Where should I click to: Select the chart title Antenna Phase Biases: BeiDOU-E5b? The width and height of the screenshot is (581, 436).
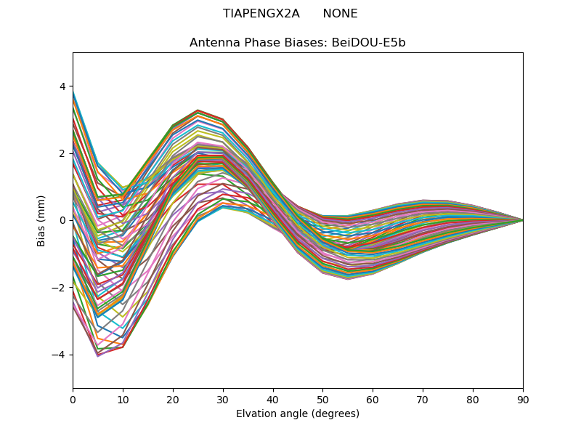[x=298, y=43]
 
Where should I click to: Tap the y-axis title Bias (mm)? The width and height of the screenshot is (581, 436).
[x=42, y=220]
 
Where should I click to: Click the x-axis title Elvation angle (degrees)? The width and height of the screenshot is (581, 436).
[x=298, y=414]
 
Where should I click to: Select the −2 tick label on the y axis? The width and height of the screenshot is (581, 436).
[x=59, y=288]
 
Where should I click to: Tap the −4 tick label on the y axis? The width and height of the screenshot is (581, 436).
[x=59, y=355]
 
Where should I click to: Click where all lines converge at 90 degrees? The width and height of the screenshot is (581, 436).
[x=522, y=220]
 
